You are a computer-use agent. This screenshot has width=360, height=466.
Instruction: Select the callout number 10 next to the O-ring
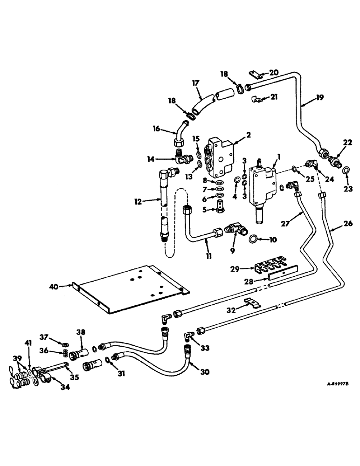(273, 240)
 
